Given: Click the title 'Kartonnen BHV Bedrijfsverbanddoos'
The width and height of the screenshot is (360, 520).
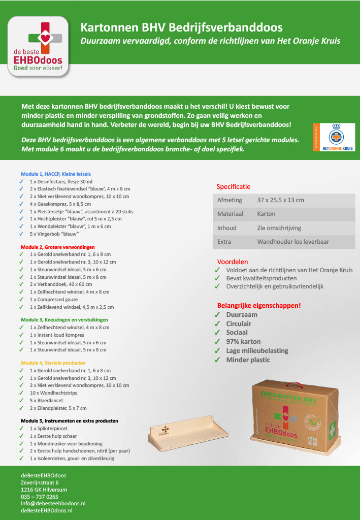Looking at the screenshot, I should (181, 27).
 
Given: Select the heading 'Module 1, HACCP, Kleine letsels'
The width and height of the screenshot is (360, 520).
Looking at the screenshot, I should (56, 174).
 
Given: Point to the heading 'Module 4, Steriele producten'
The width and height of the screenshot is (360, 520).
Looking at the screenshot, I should (53, 363).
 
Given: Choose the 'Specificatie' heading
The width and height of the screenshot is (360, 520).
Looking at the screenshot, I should (233, 186).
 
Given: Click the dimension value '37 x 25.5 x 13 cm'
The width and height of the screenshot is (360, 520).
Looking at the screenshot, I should (280, 200).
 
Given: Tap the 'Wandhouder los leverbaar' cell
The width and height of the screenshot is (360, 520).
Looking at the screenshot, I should (293, 242).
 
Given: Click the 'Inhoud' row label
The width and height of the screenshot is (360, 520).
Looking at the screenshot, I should (226, 228).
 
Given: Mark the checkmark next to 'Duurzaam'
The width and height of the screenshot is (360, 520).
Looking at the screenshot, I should (217, 315).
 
